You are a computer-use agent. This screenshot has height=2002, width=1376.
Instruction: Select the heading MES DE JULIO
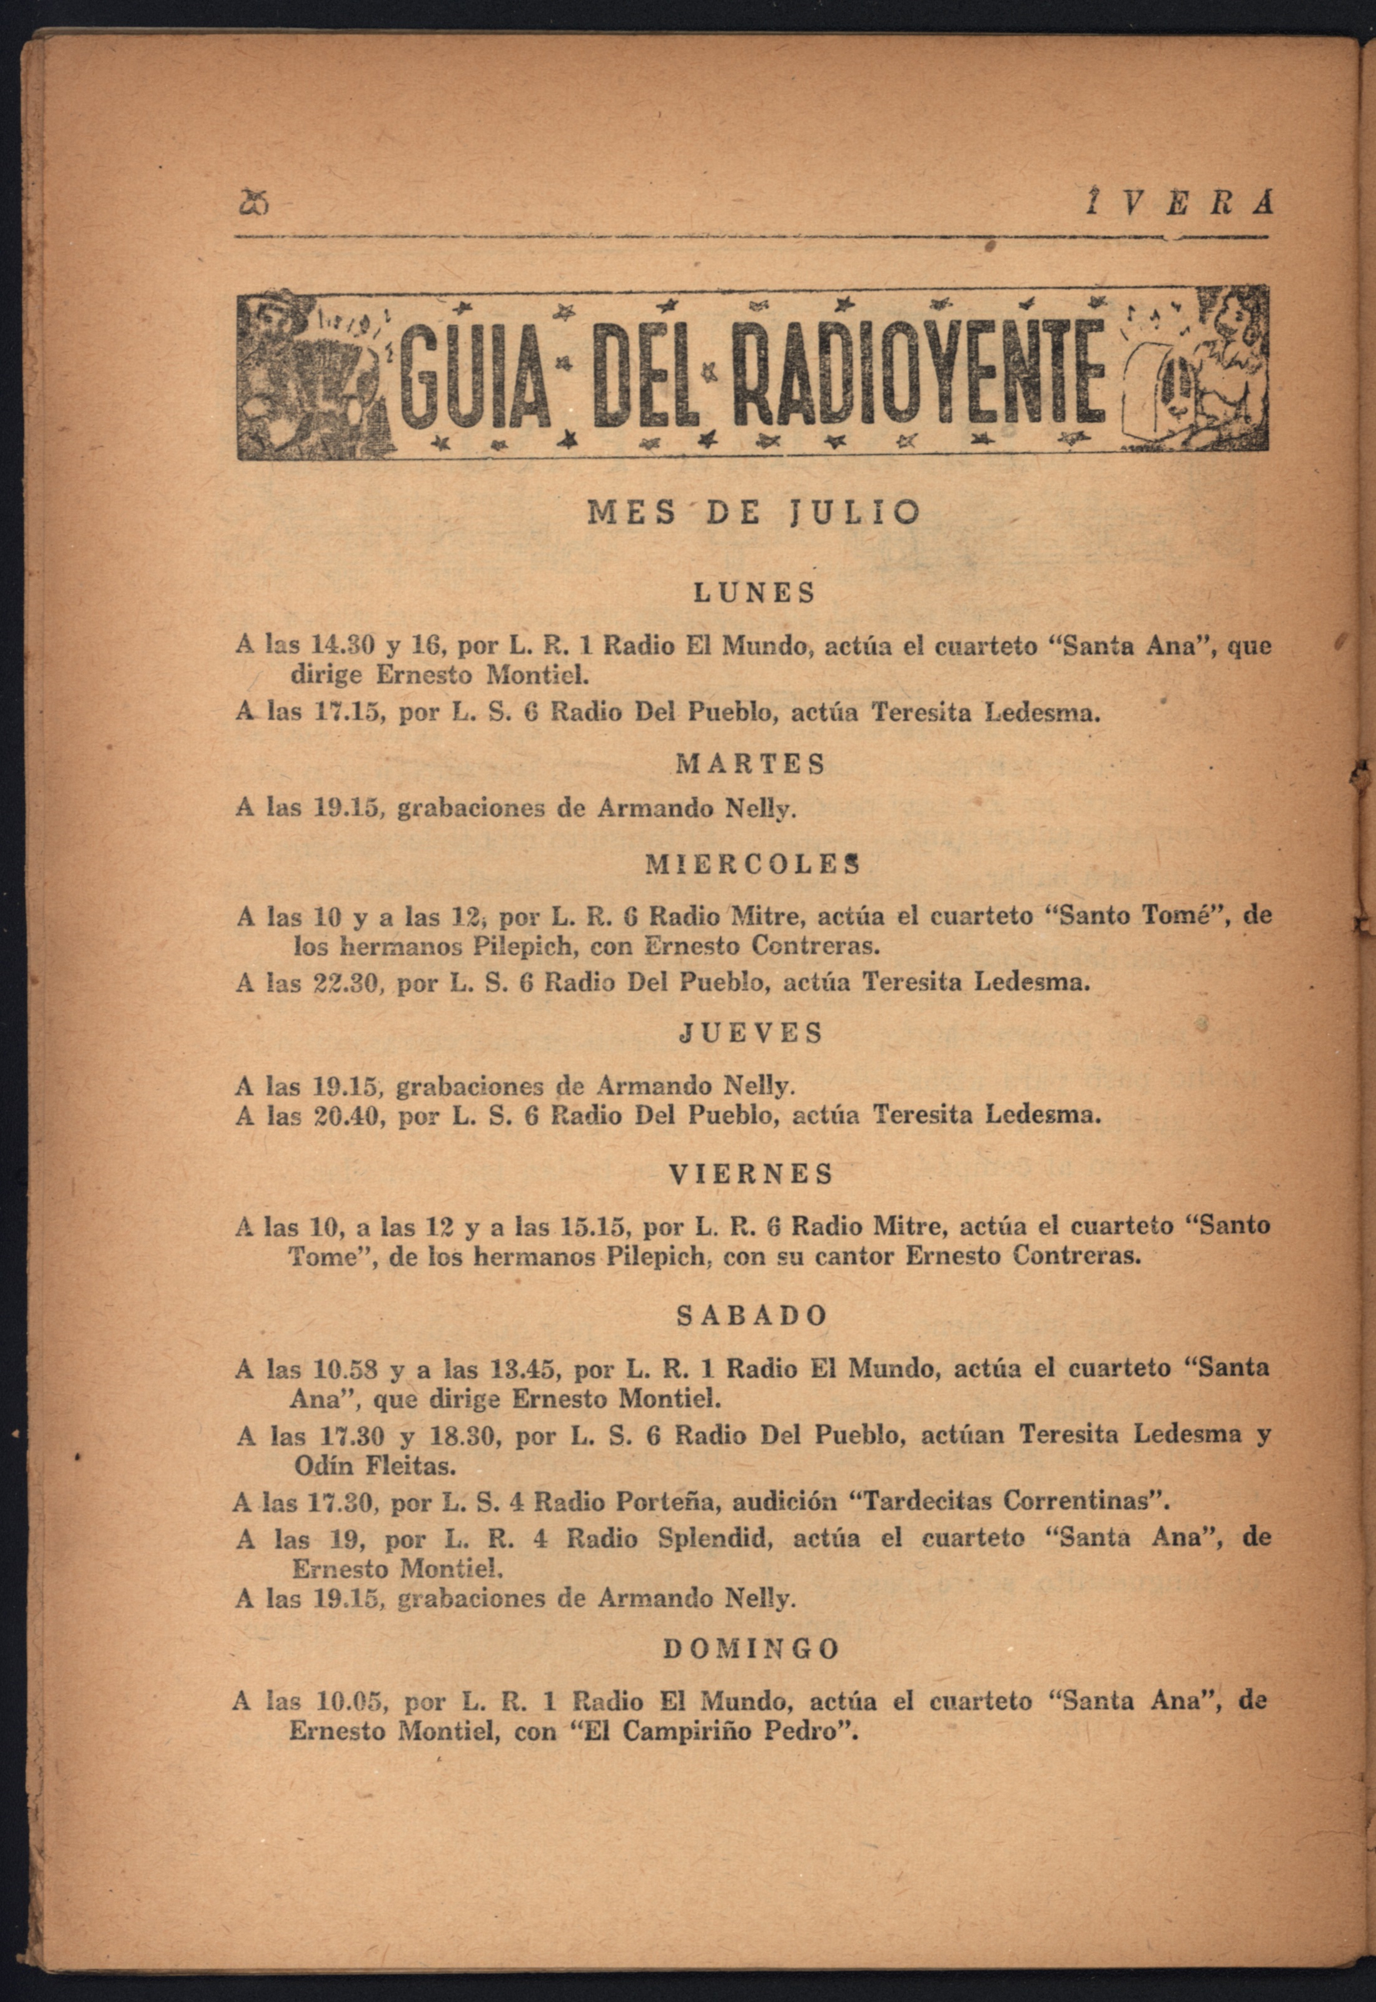(754, 513)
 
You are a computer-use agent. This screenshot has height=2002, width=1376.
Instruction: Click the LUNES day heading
(754, 594)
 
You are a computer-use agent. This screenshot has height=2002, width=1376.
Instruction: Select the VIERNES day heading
(752, 1174)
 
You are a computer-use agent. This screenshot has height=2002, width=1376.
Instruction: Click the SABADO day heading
(752, 1316)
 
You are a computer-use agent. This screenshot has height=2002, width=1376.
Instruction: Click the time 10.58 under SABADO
(344, 1368)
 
